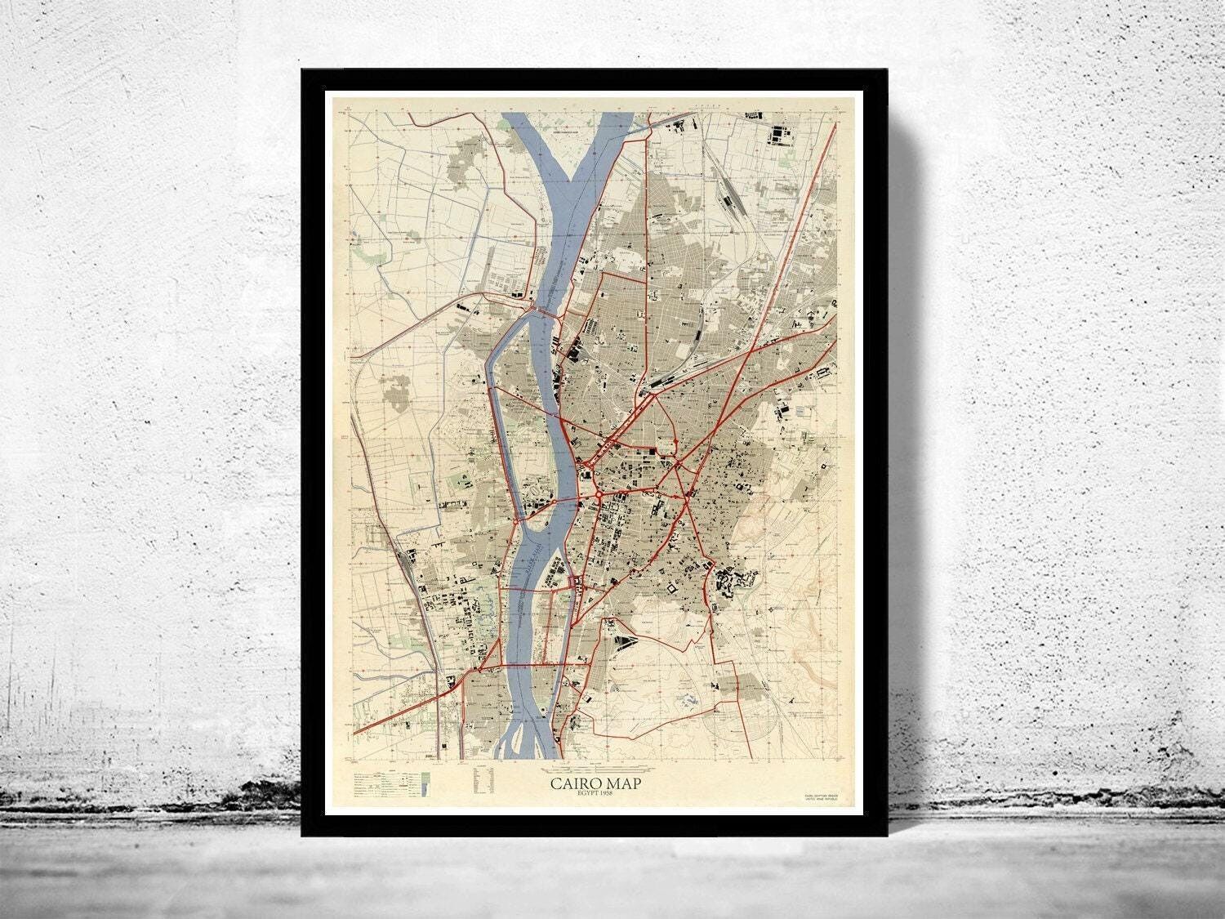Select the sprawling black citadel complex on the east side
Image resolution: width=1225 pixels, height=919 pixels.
tap(730, 585)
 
